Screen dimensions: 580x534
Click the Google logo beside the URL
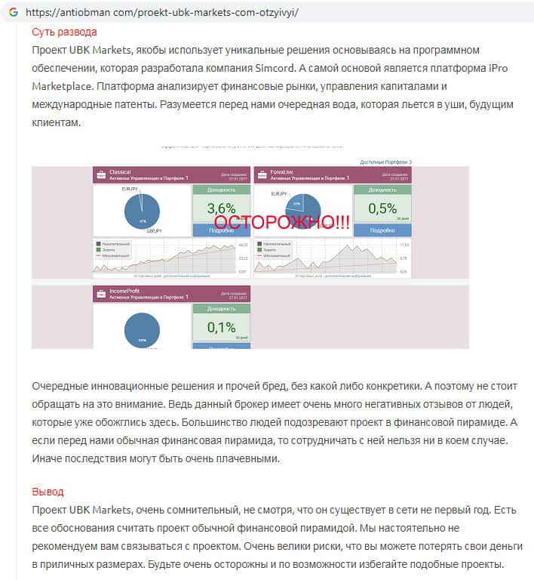14,13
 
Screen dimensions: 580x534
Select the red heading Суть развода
64,32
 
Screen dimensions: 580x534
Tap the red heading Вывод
48,492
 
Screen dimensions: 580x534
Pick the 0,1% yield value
221,327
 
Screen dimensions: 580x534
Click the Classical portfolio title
120,172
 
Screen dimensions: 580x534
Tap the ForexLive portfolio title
281,172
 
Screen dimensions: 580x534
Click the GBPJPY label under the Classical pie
154,230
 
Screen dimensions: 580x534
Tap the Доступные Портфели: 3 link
385,162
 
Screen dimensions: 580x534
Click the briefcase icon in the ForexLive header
262,175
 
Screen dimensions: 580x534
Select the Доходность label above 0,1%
221,309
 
